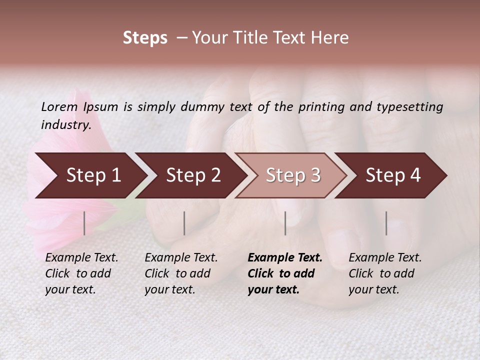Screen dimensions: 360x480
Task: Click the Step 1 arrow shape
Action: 90,175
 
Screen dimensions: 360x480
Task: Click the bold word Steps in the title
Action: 145,38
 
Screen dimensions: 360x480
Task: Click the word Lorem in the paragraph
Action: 58,106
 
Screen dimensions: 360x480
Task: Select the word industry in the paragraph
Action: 65,125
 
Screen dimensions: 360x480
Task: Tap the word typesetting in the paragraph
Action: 409,106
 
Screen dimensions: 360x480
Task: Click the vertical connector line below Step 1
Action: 84,223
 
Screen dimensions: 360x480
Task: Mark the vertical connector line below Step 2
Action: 184,223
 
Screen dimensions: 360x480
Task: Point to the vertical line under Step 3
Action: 285,223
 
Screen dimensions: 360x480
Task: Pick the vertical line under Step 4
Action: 386,223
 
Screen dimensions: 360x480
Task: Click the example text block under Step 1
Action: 81,273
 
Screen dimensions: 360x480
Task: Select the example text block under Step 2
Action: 181,273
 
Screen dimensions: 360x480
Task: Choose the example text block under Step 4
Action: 385,273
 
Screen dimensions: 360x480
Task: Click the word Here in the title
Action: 331,38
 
